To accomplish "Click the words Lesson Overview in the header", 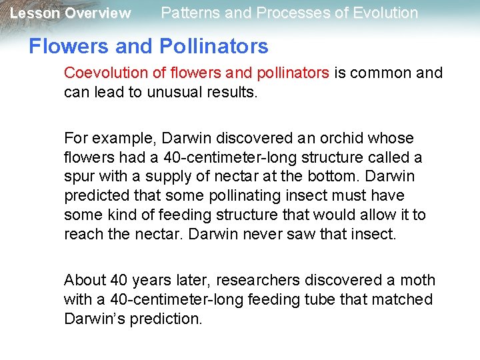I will coord(70,13).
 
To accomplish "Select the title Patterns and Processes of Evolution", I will coord(289,13).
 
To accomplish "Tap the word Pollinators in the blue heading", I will coord(214,46).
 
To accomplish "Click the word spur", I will coord(77,177).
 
